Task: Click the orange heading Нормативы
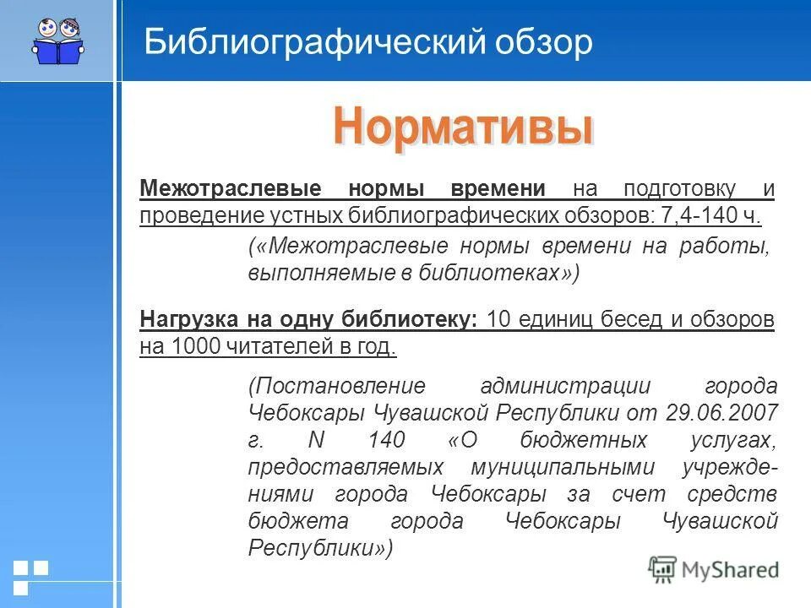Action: (462, 127)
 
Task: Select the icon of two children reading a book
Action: (57, 40)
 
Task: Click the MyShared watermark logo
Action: (714, 569)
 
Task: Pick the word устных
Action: (303, 214)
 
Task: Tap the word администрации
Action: (566, 386)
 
